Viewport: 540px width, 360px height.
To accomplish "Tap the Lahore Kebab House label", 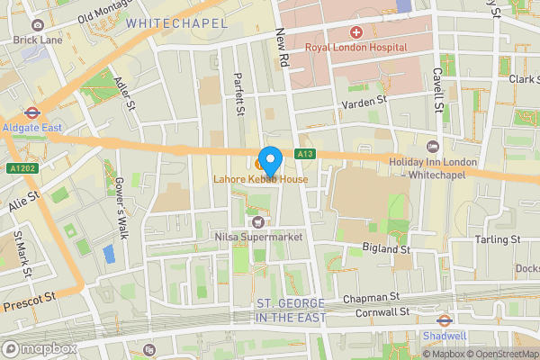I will [x=261, y=180].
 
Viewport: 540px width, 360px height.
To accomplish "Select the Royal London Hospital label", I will [x=355, y=47].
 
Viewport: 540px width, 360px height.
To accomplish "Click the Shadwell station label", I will [x=445, y=336].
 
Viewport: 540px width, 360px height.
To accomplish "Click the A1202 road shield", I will [x=20, y=166].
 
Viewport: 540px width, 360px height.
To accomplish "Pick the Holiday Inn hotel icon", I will [x=432, y=147].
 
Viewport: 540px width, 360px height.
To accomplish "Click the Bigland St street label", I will [x=388, y=247].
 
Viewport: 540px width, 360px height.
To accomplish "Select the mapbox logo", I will [x=39, y=348].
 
